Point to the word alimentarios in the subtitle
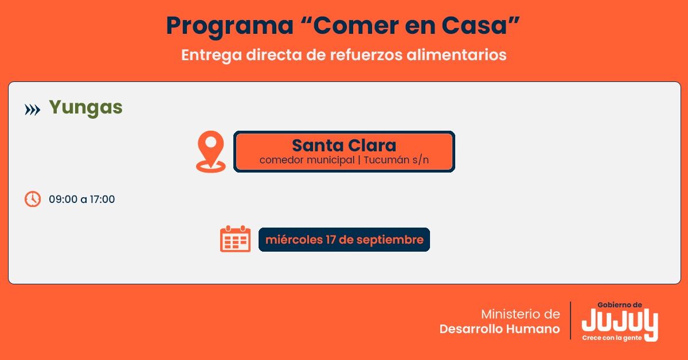pyautogui.click(x=456, y=55)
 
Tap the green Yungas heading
pyautogui.click(x=85, y=108)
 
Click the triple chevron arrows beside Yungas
pyautogui.click(x=32, y=109)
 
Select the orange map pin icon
pyautogui.click(x=211, y=151)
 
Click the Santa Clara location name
pyautogui.click(x=344, y=145)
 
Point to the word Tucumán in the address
pyautogui.click(x=386, y=160)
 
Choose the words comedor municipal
pyautogui.click(x=307, y=161)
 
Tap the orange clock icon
pyautogui.click(x=33, y=199)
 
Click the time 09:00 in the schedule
pyautogui.click(x=63, y=199)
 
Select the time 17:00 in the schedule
pyautogui.click(x=102, y=199)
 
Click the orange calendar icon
pyautogui.click(x=235, y=238)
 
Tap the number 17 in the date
pyautogui.click(x=331, y=240)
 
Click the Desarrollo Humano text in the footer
pyautogui.click(x=500, y=329)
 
